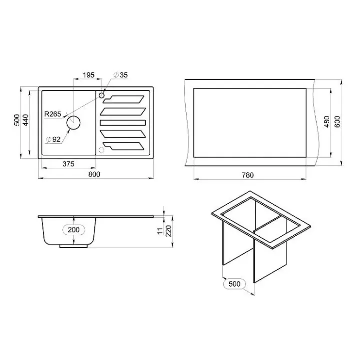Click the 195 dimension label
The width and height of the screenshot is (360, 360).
point(89,75)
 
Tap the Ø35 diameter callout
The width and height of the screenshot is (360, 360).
point(121,75)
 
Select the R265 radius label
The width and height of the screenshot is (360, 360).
point(53,114)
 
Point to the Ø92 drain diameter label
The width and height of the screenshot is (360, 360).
point(53,139)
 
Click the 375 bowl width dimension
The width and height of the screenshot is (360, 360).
point(68,164)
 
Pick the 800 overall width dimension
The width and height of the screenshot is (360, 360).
point(94,174)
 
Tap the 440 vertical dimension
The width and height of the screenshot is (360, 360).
point(26,120)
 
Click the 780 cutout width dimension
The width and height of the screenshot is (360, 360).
point(248,175)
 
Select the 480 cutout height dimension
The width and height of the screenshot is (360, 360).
point(327,122)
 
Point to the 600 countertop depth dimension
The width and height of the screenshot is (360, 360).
point(337,122)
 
